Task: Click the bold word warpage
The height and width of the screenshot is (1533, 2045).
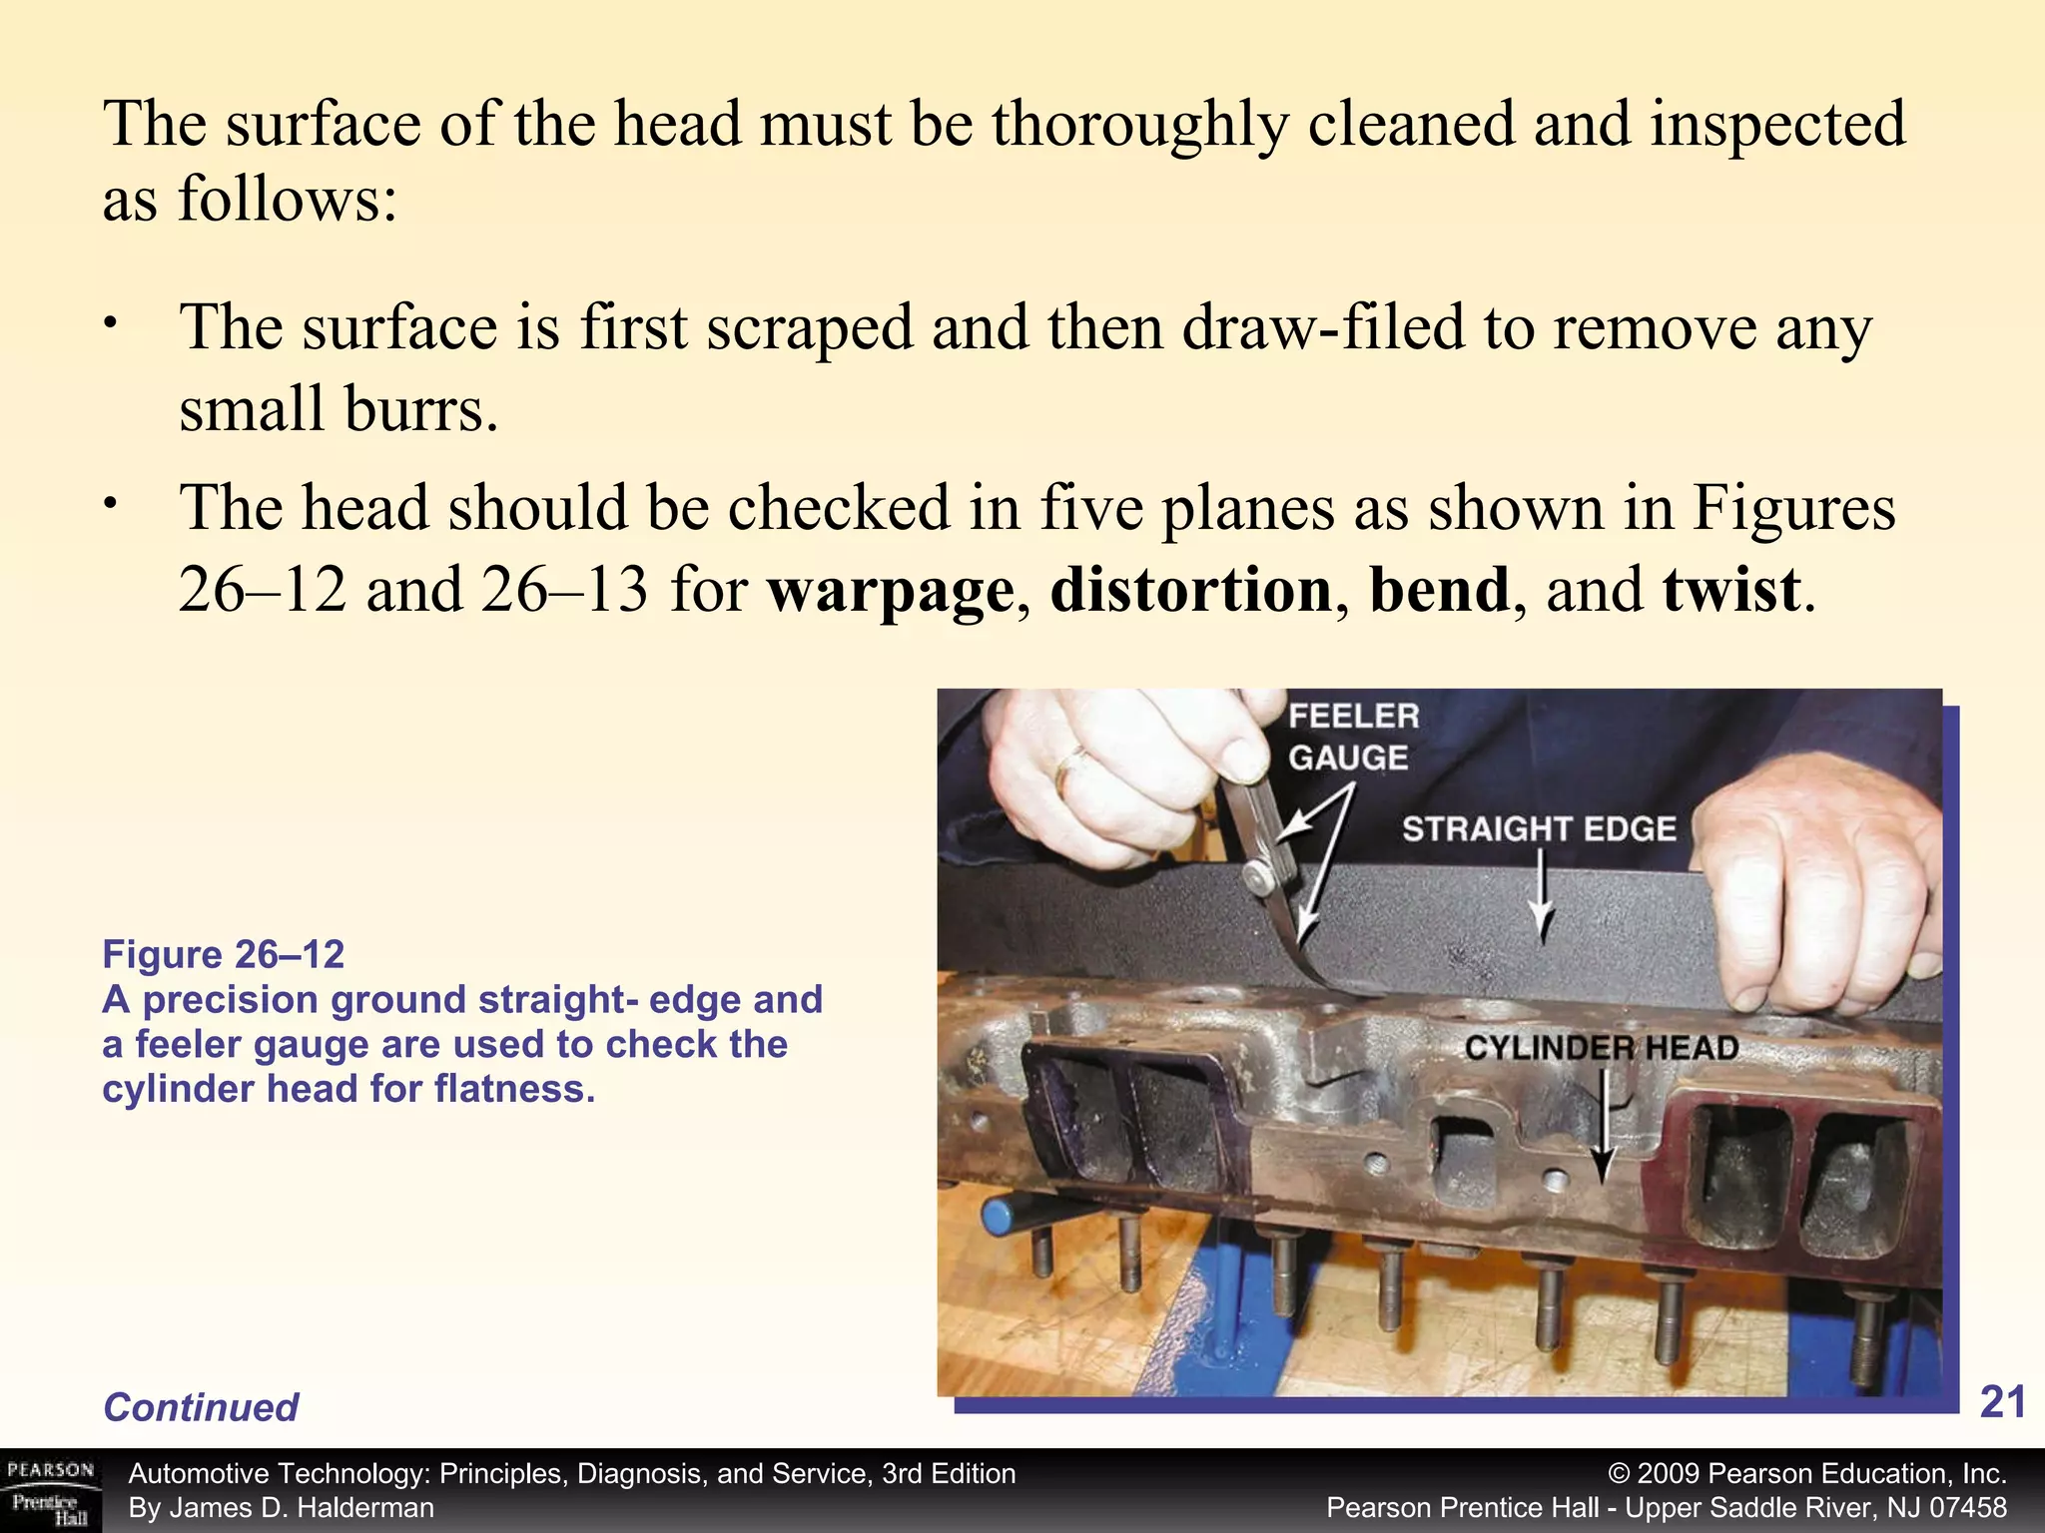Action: coord(891,591)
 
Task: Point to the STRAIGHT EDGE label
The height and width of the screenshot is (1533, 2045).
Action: coord(1539,828)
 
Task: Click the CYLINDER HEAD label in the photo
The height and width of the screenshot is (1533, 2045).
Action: coord(1602,1048)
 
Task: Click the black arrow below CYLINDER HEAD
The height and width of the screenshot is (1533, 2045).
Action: coord(1604,1128)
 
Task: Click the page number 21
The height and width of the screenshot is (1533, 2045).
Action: coord(2002,1402)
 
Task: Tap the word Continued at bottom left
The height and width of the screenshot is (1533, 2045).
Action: coord(201,1407)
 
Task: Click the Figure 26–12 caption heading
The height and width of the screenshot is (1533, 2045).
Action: coord(224,955)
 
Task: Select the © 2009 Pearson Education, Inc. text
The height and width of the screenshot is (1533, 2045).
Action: coord(1807,1474)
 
